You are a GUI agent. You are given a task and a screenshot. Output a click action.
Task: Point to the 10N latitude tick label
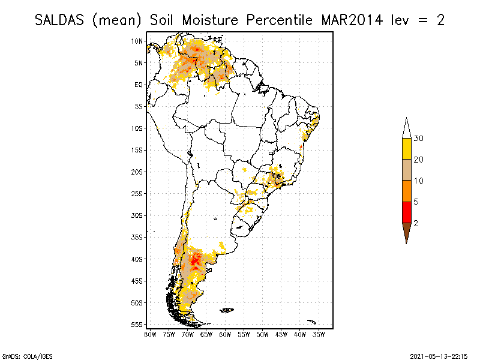click(137, 41)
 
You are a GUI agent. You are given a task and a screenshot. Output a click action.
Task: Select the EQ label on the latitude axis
click(139, 85)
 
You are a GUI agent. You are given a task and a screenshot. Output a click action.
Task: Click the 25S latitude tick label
click(137, 193)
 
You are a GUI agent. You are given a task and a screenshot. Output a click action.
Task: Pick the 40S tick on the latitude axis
click(137, 259)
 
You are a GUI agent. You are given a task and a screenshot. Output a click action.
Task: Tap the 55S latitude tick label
click(137, 324)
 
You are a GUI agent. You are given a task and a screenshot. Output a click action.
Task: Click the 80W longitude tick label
click(150, 334)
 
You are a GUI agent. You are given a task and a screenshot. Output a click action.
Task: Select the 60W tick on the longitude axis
click(225, 334)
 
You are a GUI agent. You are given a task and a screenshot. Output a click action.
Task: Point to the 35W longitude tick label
click(319, 334)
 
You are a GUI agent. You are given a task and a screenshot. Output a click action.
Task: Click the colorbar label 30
click(419, 139)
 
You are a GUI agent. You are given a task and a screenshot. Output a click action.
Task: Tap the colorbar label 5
click(416, 202)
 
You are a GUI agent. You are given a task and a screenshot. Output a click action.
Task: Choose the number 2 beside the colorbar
click(416, 223)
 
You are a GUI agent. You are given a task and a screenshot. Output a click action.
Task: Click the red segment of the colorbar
click(406, 212)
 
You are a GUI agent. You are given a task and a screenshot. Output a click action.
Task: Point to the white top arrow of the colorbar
click(406, 129)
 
